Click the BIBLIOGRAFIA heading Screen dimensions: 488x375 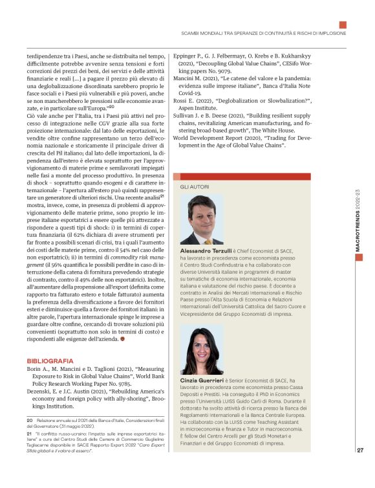[50, 360]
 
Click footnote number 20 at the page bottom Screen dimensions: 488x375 [30, 421]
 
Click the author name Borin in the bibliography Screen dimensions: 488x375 [34, 370]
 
